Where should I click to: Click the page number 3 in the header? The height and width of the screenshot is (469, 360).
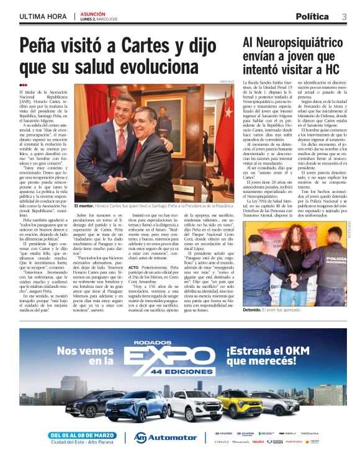344,17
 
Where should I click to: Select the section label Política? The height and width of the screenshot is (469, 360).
312,17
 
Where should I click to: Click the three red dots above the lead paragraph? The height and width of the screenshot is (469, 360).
23,86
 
